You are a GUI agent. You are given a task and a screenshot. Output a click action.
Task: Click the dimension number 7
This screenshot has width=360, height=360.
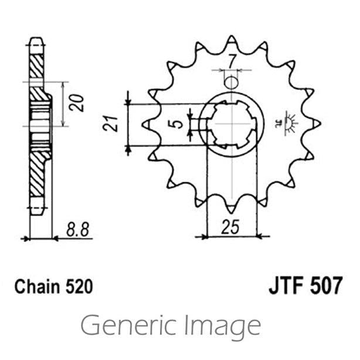coord(233,61)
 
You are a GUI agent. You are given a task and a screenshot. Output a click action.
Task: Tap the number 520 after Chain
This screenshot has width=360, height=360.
coord(78,287)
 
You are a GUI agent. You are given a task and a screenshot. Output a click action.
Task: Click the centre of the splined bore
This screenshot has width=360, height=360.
coord(233,124)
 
